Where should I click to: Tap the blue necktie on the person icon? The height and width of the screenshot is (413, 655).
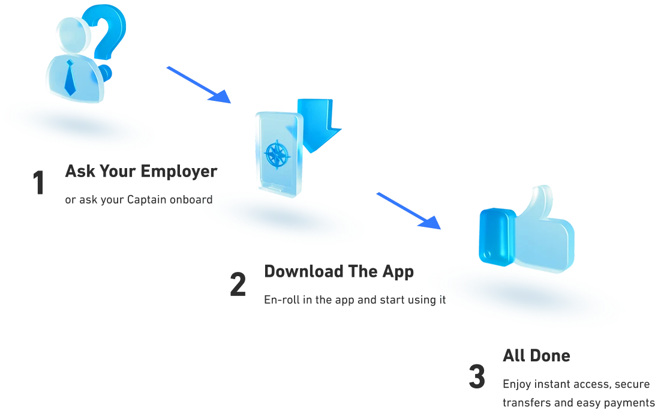71,78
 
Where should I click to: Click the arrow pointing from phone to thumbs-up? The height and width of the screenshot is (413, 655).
408,211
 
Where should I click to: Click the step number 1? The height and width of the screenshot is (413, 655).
38,182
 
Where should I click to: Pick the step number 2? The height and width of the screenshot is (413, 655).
239,283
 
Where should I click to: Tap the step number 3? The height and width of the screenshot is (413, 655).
475,375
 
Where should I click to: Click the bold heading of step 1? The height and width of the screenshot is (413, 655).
142,172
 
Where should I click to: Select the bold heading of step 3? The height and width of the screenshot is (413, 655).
535,358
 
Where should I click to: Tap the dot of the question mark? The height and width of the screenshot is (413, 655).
107,73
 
